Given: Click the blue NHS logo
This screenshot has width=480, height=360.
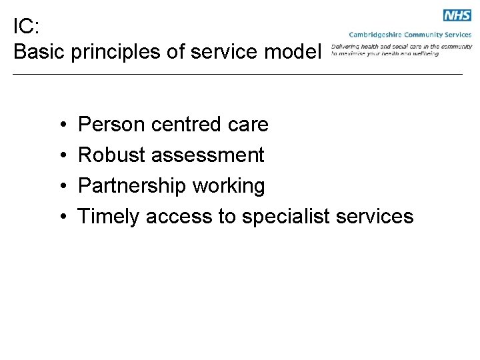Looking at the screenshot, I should pos(457,15).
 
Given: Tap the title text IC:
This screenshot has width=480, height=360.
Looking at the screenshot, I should pos(27,27).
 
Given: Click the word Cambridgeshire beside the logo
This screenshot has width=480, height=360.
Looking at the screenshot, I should pos(375,35).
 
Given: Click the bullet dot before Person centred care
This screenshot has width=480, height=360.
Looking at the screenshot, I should pos(61,125).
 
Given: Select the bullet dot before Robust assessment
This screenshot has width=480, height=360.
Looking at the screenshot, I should pos(61,156).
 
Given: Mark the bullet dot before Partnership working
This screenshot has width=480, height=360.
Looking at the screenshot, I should pos(61,187).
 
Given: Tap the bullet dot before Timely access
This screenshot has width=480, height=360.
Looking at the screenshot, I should pos(61,217).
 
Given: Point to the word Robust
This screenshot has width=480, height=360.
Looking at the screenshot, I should pos(111,155).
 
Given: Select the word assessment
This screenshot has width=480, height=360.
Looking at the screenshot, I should pos(208,155).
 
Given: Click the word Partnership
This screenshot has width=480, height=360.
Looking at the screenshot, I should pos(133,186).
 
